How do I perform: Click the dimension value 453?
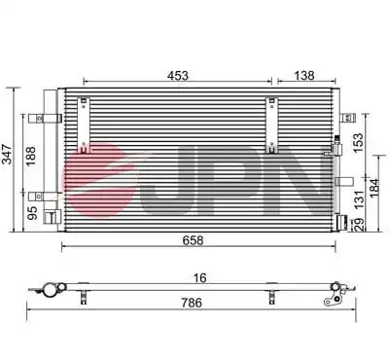178,76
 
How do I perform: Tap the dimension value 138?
304,76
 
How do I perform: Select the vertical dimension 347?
7,154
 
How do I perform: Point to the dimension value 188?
31,156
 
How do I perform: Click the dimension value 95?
32,213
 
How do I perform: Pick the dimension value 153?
359,143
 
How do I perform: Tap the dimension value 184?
374,187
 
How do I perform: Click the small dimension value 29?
359,225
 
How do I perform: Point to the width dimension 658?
193,240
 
